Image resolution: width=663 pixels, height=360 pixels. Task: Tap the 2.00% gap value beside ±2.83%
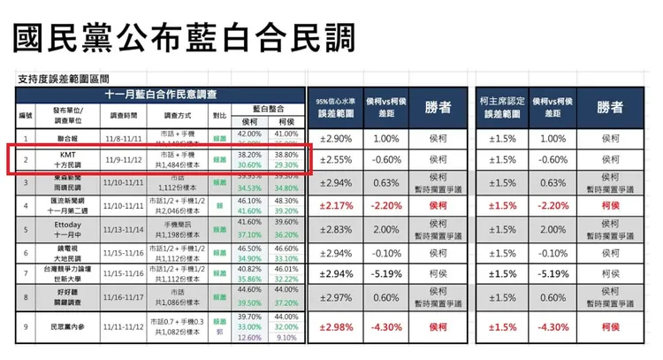(x=386, y=229)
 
